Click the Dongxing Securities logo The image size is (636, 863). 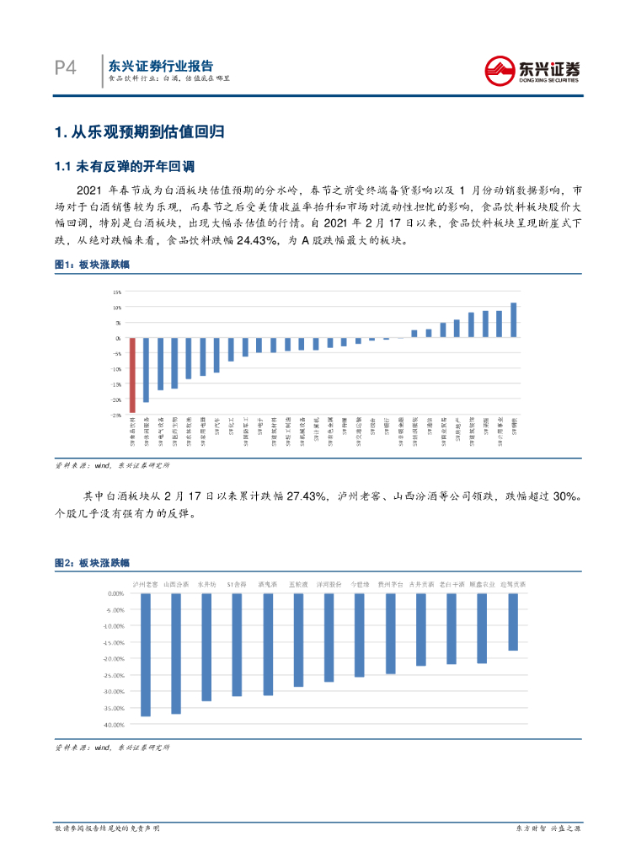tap(536, 69)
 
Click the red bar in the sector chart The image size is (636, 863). tap(132, 375)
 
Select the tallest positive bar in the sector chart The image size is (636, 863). tap(513, 320)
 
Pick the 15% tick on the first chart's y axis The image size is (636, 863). tap(117, 292)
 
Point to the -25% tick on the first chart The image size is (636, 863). tap(116, 414)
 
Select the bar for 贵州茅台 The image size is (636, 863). tap(390, 633)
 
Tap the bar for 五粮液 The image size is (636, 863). tap(298, 640)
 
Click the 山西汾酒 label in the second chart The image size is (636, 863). tap(176, 583)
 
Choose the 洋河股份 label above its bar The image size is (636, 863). tap(329, 583)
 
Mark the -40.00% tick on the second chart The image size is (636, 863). tap(112, 724)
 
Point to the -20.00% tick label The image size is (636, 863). tap(112, 658)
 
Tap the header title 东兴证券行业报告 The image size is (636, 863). tap(161, 65)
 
